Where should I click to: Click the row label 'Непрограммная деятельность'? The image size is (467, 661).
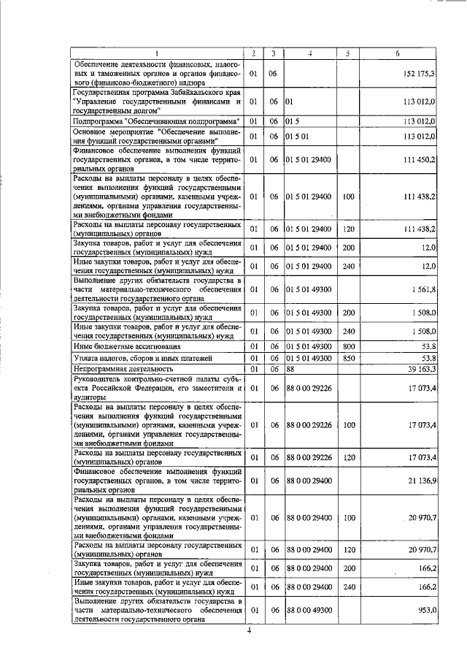[117, 370]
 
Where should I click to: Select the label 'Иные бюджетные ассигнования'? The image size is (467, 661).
[121, 345]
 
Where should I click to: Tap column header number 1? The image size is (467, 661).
[156, 53]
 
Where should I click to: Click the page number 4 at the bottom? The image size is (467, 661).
[248, 631]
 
